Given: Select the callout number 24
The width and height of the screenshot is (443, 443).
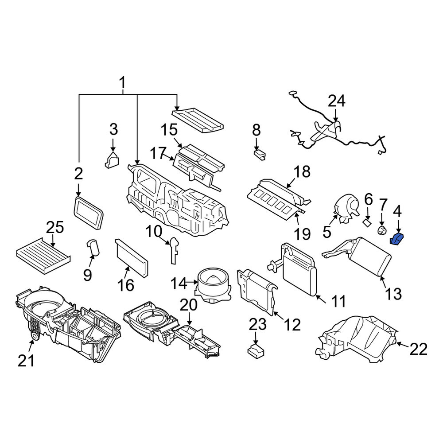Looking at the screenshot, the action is point(337,101).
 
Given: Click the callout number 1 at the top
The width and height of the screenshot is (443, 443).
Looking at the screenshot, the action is point(122,82).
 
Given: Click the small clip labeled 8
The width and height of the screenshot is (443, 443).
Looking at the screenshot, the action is point(259,155).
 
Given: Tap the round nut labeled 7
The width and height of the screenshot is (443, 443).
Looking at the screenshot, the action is point(382,230).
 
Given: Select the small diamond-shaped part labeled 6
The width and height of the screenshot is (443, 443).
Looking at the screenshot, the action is point(366,222).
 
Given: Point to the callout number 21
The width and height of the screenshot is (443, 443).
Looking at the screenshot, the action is point(26,361).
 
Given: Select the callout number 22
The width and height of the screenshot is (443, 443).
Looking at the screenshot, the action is point(419,350).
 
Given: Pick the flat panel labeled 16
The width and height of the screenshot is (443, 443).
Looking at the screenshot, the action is point(132,258).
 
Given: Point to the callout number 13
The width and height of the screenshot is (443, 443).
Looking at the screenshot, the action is point(393,294).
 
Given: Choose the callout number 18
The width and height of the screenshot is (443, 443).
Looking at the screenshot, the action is point(302,171).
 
